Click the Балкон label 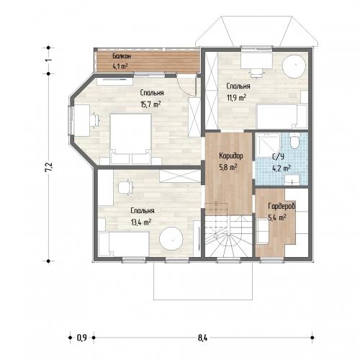pyautogui.click(x=122, y=56)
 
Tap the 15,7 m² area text pyautogui.click(x=150, y=104)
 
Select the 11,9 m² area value pyautogui.click(x=236, y=97)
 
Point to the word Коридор pyautogui.click(x=231, y=156)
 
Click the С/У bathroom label pyautogui.click(x=279, y=157)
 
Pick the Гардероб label pyautogui.click(x=282, y=206)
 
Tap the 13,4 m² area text pyautogui.click(x=141, y=222)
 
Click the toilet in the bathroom pyautogui.click(x=294, y=141)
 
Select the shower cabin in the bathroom pyautogui.click(x=268, y=145)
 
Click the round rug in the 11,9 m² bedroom pyautogui.click(x=294, y=66)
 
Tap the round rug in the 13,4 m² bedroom pyautogui.click(x=171, y=238)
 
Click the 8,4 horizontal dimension pyautogui.click(x=203, y=338)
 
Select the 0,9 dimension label pyautogui.click(x=81, y=338)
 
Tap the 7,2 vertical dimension pyautogui.click(x=48, y=167)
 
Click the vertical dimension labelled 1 pyautogui.click(x=48, y=60)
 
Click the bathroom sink pyautogui.click(x=292, y=179)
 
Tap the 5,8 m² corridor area pyautogui.click(x=228, y=167)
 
